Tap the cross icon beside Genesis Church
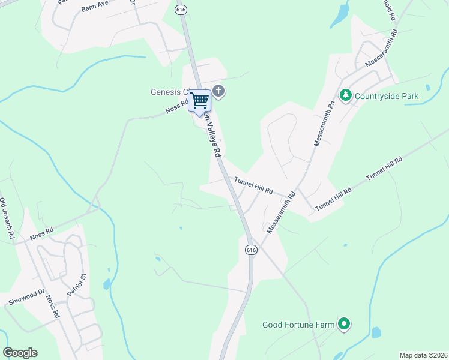coord(218,92)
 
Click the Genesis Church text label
coord(170,92)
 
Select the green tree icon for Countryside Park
coord(346,95)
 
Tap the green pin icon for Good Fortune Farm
coord(344,325)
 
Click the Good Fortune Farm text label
coord(298,325)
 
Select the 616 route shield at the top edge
coord(181,10)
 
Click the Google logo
coord(20,353)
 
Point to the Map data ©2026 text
coord(423,355)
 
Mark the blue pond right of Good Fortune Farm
coord(376,332)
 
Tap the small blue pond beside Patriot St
coord(107,284)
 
